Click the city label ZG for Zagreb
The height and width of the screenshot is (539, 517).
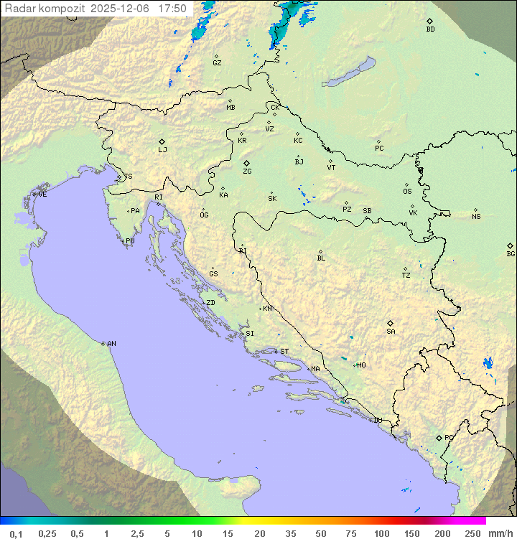pos(247,172)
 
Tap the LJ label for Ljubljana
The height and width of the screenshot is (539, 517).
pos(162,150)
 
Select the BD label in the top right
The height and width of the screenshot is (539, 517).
pos(430,29)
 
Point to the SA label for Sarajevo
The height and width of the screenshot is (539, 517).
pos(391,331)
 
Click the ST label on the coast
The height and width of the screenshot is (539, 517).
pos(284,352)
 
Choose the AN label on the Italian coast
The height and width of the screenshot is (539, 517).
pos(111,344)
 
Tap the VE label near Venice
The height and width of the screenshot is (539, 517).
pos(42,194)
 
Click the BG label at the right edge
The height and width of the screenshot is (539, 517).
pos(511,253)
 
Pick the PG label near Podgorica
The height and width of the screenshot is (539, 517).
pos(449,437)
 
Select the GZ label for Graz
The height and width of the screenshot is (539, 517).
pos(217,63)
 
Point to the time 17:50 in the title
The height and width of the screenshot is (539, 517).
pos(172,9)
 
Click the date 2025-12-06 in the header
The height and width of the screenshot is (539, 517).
pos(122,9)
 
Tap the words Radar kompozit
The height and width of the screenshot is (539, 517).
pos(45,9)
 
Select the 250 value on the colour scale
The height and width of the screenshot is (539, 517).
pos(472,533)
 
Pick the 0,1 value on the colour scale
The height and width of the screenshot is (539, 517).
pos(17,533)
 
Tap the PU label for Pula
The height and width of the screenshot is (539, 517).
pos(130,241)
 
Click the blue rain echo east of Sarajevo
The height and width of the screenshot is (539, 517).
pos(489,363)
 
